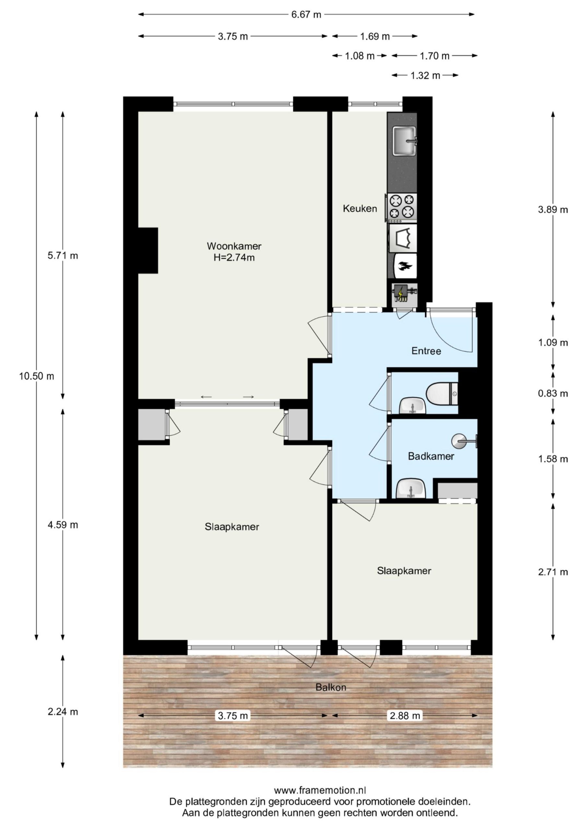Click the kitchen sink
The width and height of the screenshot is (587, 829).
[x=405, y=141]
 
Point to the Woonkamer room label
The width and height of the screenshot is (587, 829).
[x=234, y=246]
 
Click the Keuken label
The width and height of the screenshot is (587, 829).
[x=360, y=208]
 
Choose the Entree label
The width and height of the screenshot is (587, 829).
[x=426, y=351]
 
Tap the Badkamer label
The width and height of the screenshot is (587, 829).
[x=431, y=456]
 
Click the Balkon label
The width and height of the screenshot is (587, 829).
[x=331, y=687]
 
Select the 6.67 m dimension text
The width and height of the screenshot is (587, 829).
[x=306, y=15]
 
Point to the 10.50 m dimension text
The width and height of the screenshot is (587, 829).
[x=37, y=376]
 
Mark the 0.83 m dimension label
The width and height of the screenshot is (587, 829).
[x=553, y=393]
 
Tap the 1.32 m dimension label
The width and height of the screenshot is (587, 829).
[x=425, y=75]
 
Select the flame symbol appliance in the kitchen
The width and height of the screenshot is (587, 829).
[x=405, y=267]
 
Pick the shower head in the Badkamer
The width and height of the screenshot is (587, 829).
[x=464, y=441]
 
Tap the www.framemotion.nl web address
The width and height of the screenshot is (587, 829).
[x=320, y=790]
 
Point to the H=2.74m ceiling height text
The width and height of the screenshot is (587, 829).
[x=234, y=258]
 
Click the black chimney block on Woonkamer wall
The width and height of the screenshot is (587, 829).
[x=148, y=251]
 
